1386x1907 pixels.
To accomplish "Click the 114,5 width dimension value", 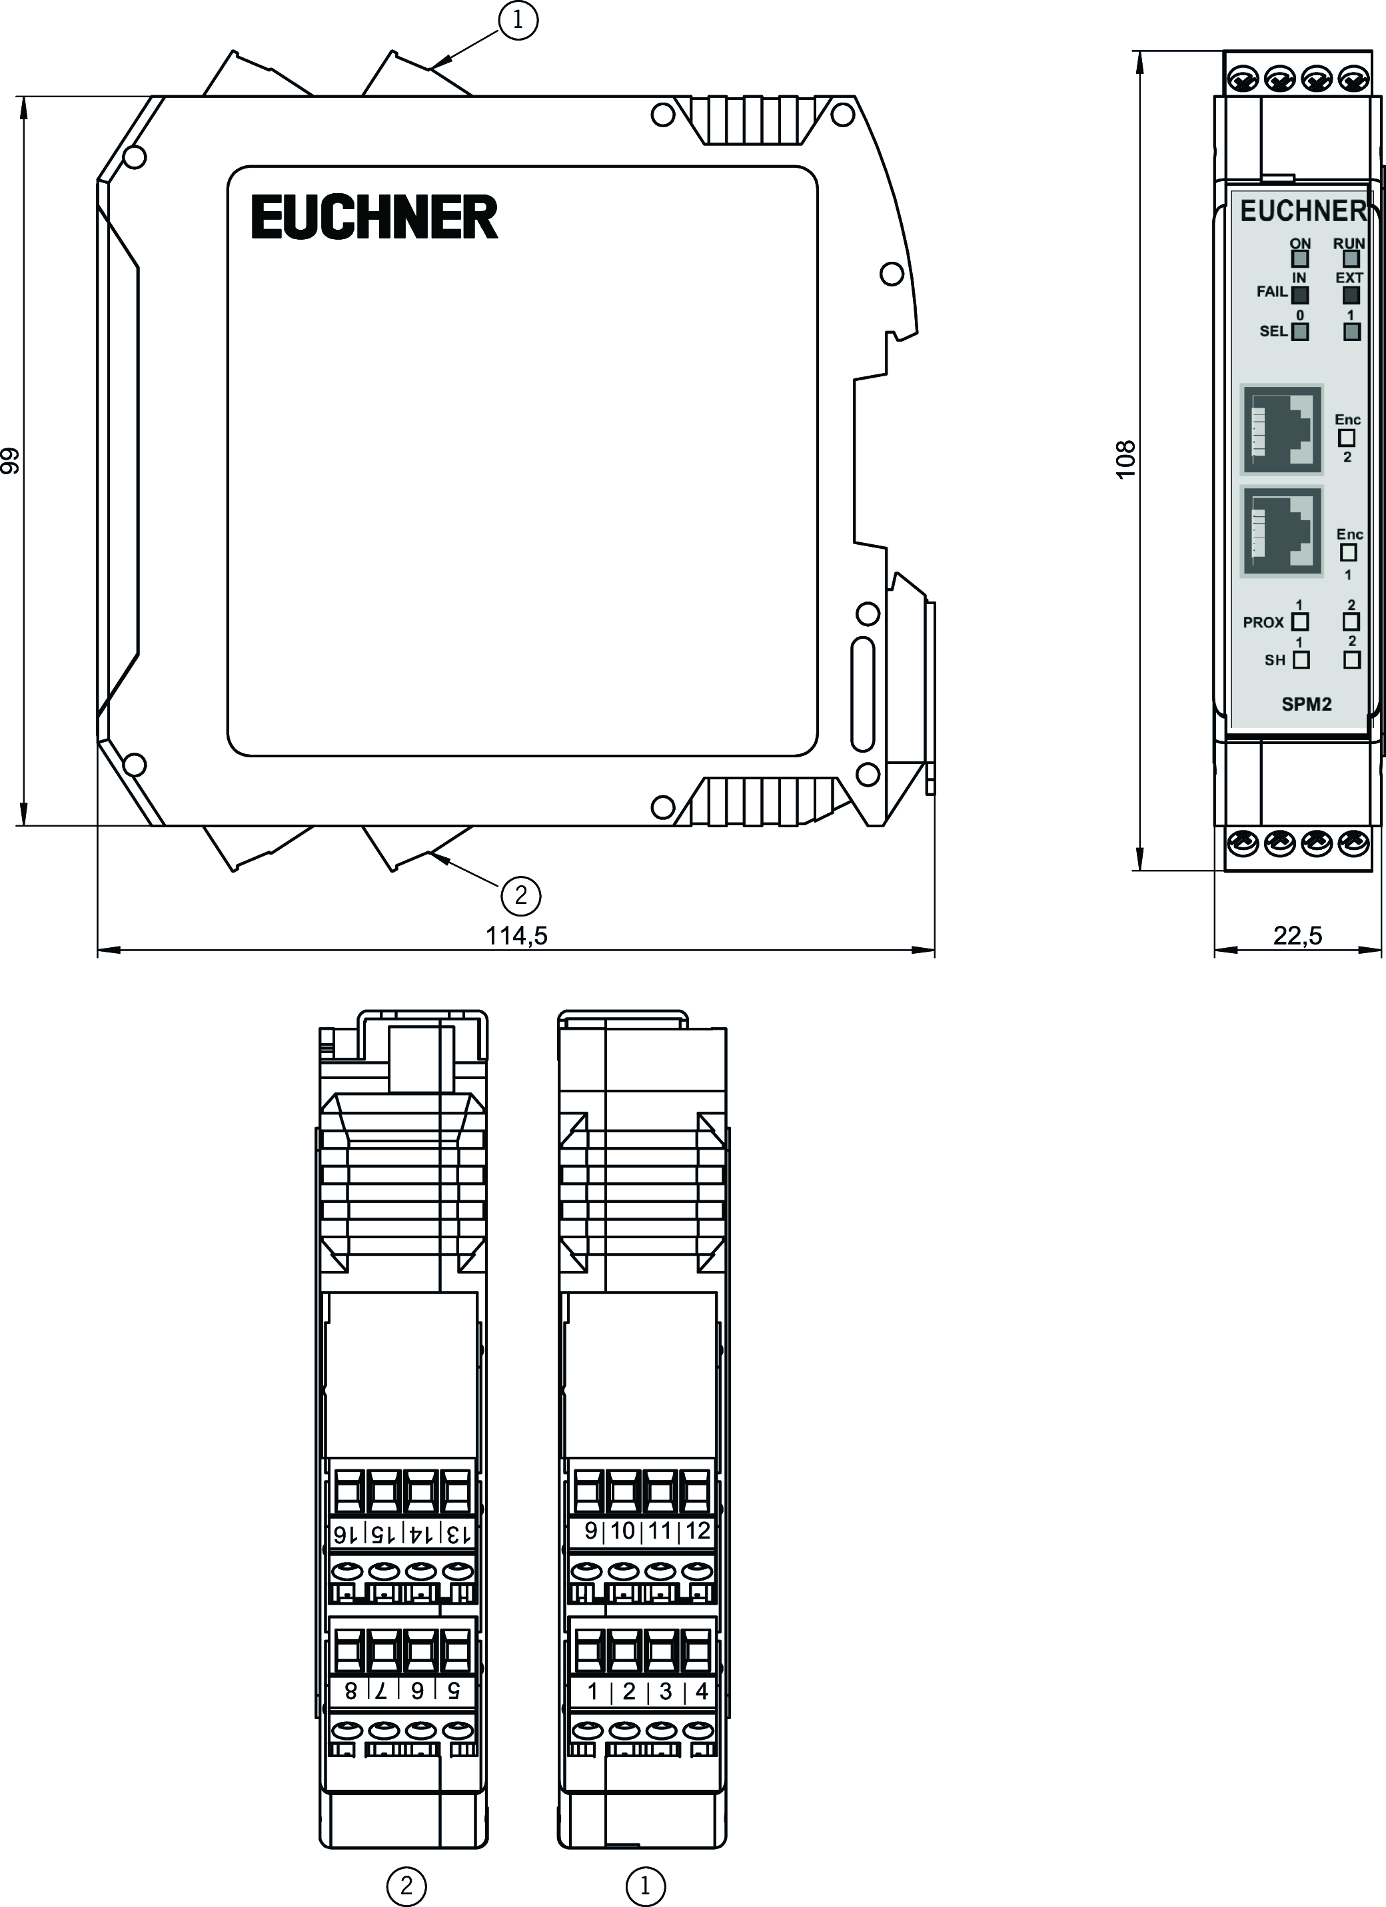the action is coord(516,936).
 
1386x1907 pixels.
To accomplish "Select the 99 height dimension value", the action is coord(10,461).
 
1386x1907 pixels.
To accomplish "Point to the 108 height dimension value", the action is coord(1125,460).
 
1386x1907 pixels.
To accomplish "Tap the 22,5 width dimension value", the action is coord(1297,935).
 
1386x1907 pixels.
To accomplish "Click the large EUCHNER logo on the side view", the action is coord(374,217).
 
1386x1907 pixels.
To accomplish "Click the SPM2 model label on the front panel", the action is coord(1306,705).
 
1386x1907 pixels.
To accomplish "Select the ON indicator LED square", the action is coord(1300,259).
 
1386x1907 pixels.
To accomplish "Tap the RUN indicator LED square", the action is coord(1351,259).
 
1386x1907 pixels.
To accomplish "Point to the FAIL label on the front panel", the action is coord(1271,292).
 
